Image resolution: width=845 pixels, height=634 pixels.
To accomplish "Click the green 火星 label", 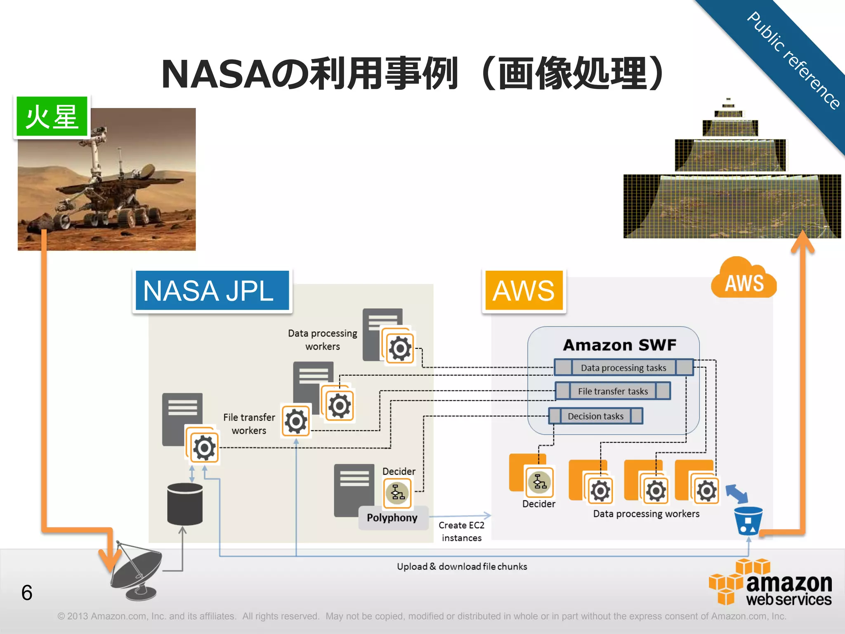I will [52, 117].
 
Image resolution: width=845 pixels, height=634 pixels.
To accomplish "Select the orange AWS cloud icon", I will [744, 280].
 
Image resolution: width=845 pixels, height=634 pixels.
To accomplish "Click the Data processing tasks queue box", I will [623, 367].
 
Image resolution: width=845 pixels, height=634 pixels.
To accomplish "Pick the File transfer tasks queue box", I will [613, 391].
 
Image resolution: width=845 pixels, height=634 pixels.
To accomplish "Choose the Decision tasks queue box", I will [595, 416].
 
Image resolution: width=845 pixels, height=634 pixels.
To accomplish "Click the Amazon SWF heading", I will [620, 345].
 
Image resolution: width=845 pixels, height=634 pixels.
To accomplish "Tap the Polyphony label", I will [392, 518].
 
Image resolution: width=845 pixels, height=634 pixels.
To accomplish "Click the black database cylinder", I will [185, 504].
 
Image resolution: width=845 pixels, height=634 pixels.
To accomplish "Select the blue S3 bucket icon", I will [748, 521].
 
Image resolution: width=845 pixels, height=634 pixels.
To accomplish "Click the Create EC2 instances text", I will [461, 531].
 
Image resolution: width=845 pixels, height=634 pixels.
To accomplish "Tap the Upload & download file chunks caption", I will [462, 566].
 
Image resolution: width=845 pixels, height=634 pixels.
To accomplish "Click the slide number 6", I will [27, 593].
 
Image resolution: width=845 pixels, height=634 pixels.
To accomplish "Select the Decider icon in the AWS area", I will [539, 482].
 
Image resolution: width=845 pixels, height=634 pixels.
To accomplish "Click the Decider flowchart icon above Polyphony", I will [397, 492].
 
